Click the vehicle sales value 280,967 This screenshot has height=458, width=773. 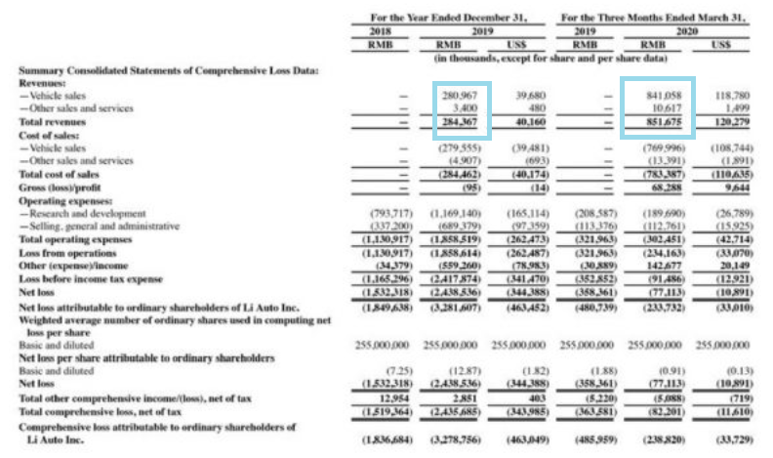(x=458, y=96)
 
